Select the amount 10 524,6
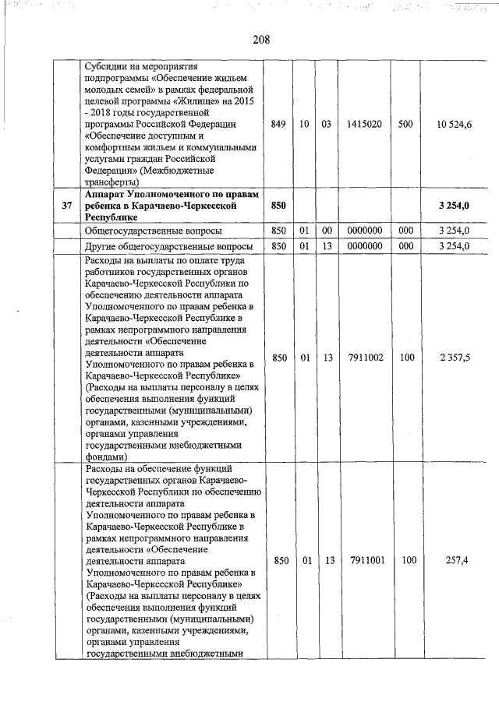click(x=455, y=124)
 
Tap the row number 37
click(x=67, y=205)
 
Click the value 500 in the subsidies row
click(x=405, y=124)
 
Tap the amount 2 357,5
click(x=455, y=358)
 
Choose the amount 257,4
click(x=455, y=560)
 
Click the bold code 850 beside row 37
click(x=277, y=205)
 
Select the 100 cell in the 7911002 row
click(x=405, y=358)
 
